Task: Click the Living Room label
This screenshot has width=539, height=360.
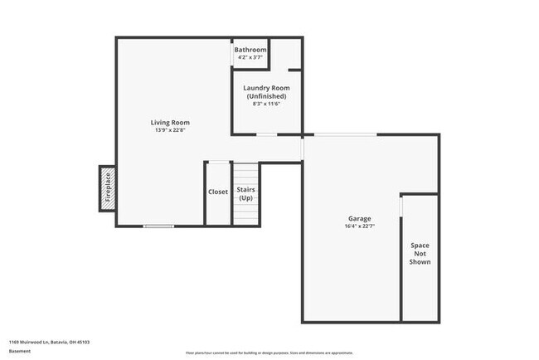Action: click(x=170, y=123)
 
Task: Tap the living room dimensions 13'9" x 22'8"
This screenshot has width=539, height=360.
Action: click(x=170, y=130)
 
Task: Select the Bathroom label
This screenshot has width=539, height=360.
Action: click(x=250, y=50)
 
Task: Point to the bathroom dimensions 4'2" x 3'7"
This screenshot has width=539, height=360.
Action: click(x=250, y=57)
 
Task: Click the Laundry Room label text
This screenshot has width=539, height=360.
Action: click(x=266, y=88)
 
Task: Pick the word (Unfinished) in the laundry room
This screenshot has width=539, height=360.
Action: click(x=266, y=96)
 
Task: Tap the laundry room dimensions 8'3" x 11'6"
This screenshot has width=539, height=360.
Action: click(x=266, y=105)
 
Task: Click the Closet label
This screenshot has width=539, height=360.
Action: click(x=218, y=192)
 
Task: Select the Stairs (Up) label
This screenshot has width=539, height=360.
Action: click(x=246, y=194)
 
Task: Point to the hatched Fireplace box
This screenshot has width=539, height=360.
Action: click(x=107, y=188)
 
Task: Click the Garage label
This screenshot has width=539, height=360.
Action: click(x=359, y=218)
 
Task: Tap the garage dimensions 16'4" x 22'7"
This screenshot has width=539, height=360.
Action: click(x=359, y=226)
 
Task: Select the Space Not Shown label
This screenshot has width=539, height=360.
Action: click(x=420, y=253)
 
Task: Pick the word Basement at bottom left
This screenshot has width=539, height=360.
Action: click(x=21, y=351)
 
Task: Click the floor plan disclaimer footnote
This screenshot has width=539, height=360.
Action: click(x=269, y=351)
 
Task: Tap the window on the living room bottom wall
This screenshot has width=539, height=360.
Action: click(x=158, y=226)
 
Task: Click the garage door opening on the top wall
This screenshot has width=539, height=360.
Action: click(x=346, y=134)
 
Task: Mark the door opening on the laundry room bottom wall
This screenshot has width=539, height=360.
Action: click(x=266, y=134)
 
